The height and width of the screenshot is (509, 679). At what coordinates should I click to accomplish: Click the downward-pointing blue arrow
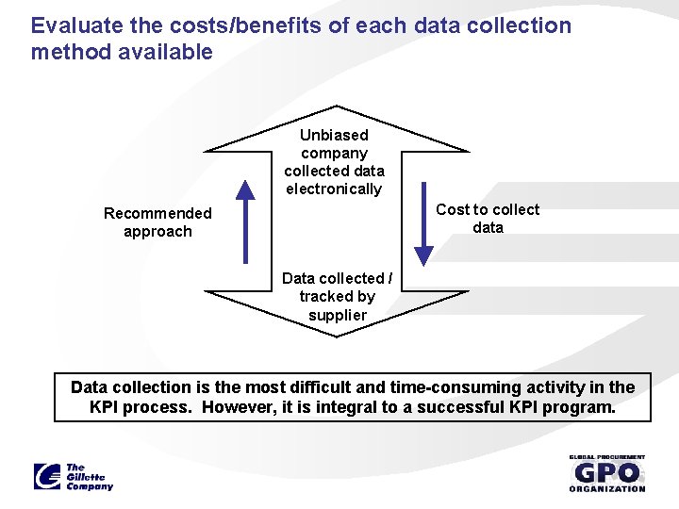click(424, 222)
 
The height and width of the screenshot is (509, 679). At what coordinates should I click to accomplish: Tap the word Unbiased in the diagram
click(334, 135)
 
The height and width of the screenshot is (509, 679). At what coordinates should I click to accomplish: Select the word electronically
click(335, 189)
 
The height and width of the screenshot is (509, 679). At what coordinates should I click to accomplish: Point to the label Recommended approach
click(157, 222)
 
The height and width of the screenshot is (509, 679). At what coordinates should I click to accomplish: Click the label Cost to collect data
click(488, 219)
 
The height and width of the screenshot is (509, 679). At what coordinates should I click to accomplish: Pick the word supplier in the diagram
click(337, 315)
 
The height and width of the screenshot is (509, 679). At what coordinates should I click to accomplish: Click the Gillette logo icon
click(47, 476)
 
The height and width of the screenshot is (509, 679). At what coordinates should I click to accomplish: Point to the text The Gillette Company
click(89, 477)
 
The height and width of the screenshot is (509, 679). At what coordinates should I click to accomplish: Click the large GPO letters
click(606, 472)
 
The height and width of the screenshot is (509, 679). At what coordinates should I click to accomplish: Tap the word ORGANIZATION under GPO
click(607, 488)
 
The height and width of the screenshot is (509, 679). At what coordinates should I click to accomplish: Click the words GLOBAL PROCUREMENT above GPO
click(607, 457)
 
